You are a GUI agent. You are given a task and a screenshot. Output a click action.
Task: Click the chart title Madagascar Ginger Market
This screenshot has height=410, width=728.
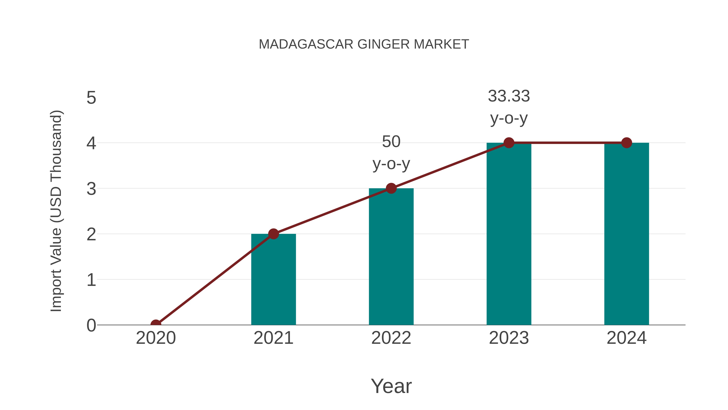click(364, 44)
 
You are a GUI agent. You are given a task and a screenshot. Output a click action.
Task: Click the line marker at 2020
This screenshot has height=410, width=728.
click(156, 324)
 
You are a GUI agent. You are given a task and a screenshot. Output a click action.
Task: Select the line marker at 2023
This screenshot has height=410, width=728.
click(509, 143)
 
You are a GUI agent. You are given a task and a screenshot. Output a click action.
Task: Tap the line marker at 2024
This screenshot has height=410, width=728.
click(626, 143)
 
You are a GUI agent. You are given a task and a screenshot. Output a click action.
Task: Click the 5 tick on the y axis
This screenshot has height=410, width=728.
click(91, 98)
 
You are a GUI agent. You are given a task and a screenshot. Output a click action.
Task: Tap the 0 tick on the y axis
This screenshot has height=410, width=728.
click(91, 325)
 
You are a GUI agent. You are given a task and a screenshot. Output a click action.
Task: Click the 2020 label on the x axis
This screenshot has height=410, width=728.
click(156, 338)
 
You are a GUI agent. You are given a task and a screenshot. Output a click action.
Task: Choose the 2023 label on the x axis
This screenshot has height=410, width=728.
click(509, 338)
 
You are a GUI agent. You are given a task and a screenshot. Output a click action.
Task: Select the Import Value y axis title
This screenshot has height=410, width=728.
click(56, 211)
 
